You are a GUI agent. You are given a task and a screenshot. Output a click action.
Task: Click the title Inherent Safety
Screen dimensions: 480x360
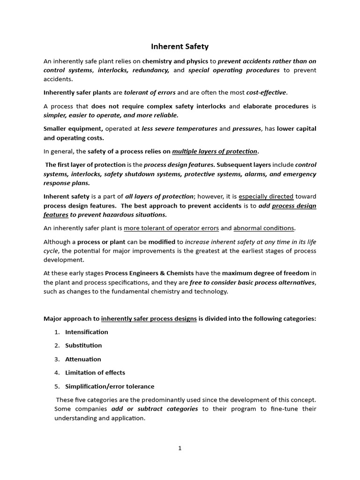[180, 46]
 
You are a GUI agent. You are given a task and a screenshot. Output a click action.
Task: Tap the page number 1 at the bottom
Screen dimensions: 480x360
[180, 448]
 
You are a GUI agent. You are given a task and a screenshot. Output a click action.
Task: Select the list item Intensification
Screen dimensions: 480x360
[86, 332]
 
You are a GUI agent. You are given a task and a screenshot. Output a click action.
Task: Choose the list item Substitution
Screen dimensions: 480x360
[83, 345]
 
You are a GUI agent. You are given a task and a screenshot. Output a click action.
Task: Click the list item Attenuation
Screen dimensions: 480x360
[83, 359]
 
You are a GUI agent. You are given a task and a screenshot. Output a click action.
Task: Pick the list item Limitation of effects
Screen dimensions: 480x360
[95, 373]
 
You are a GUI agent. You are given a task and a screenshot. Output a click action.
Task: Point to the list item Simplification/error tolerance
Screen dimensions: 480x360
[110, 386]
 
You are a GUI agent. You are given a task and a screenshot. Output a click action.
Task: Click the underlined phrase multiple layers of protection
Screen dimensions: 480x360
[215, 151]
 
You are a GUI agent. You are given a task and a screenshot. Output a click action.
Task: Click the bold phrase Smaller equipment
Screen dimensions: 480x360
[73, 129]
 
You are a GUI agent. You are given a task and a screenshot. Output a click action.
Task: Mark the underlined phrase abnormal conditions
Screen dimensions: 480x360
[264, 228]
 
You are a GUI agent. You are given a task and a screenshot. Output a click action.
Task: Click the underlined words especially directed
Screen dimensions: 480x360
[266, 196]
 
